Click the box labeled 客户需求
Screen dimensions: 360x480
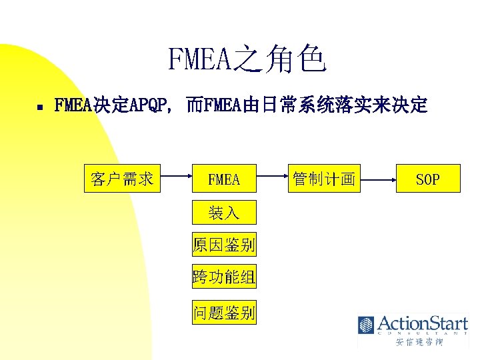(123, 178)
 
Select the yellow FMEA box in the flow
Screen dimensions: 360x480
(224, 179)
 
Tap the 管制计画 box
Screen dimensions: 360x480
(323, 179)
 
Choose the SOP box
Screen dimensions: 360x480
(428, 179)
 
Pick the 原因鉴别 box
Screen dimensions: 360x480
(224, 245)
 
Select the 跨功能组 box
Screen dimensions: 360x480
(224, 277)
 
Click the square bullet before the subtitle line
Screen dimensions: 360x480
(40, 106)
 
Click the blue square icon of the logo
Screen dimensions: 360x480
(366, 325)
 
